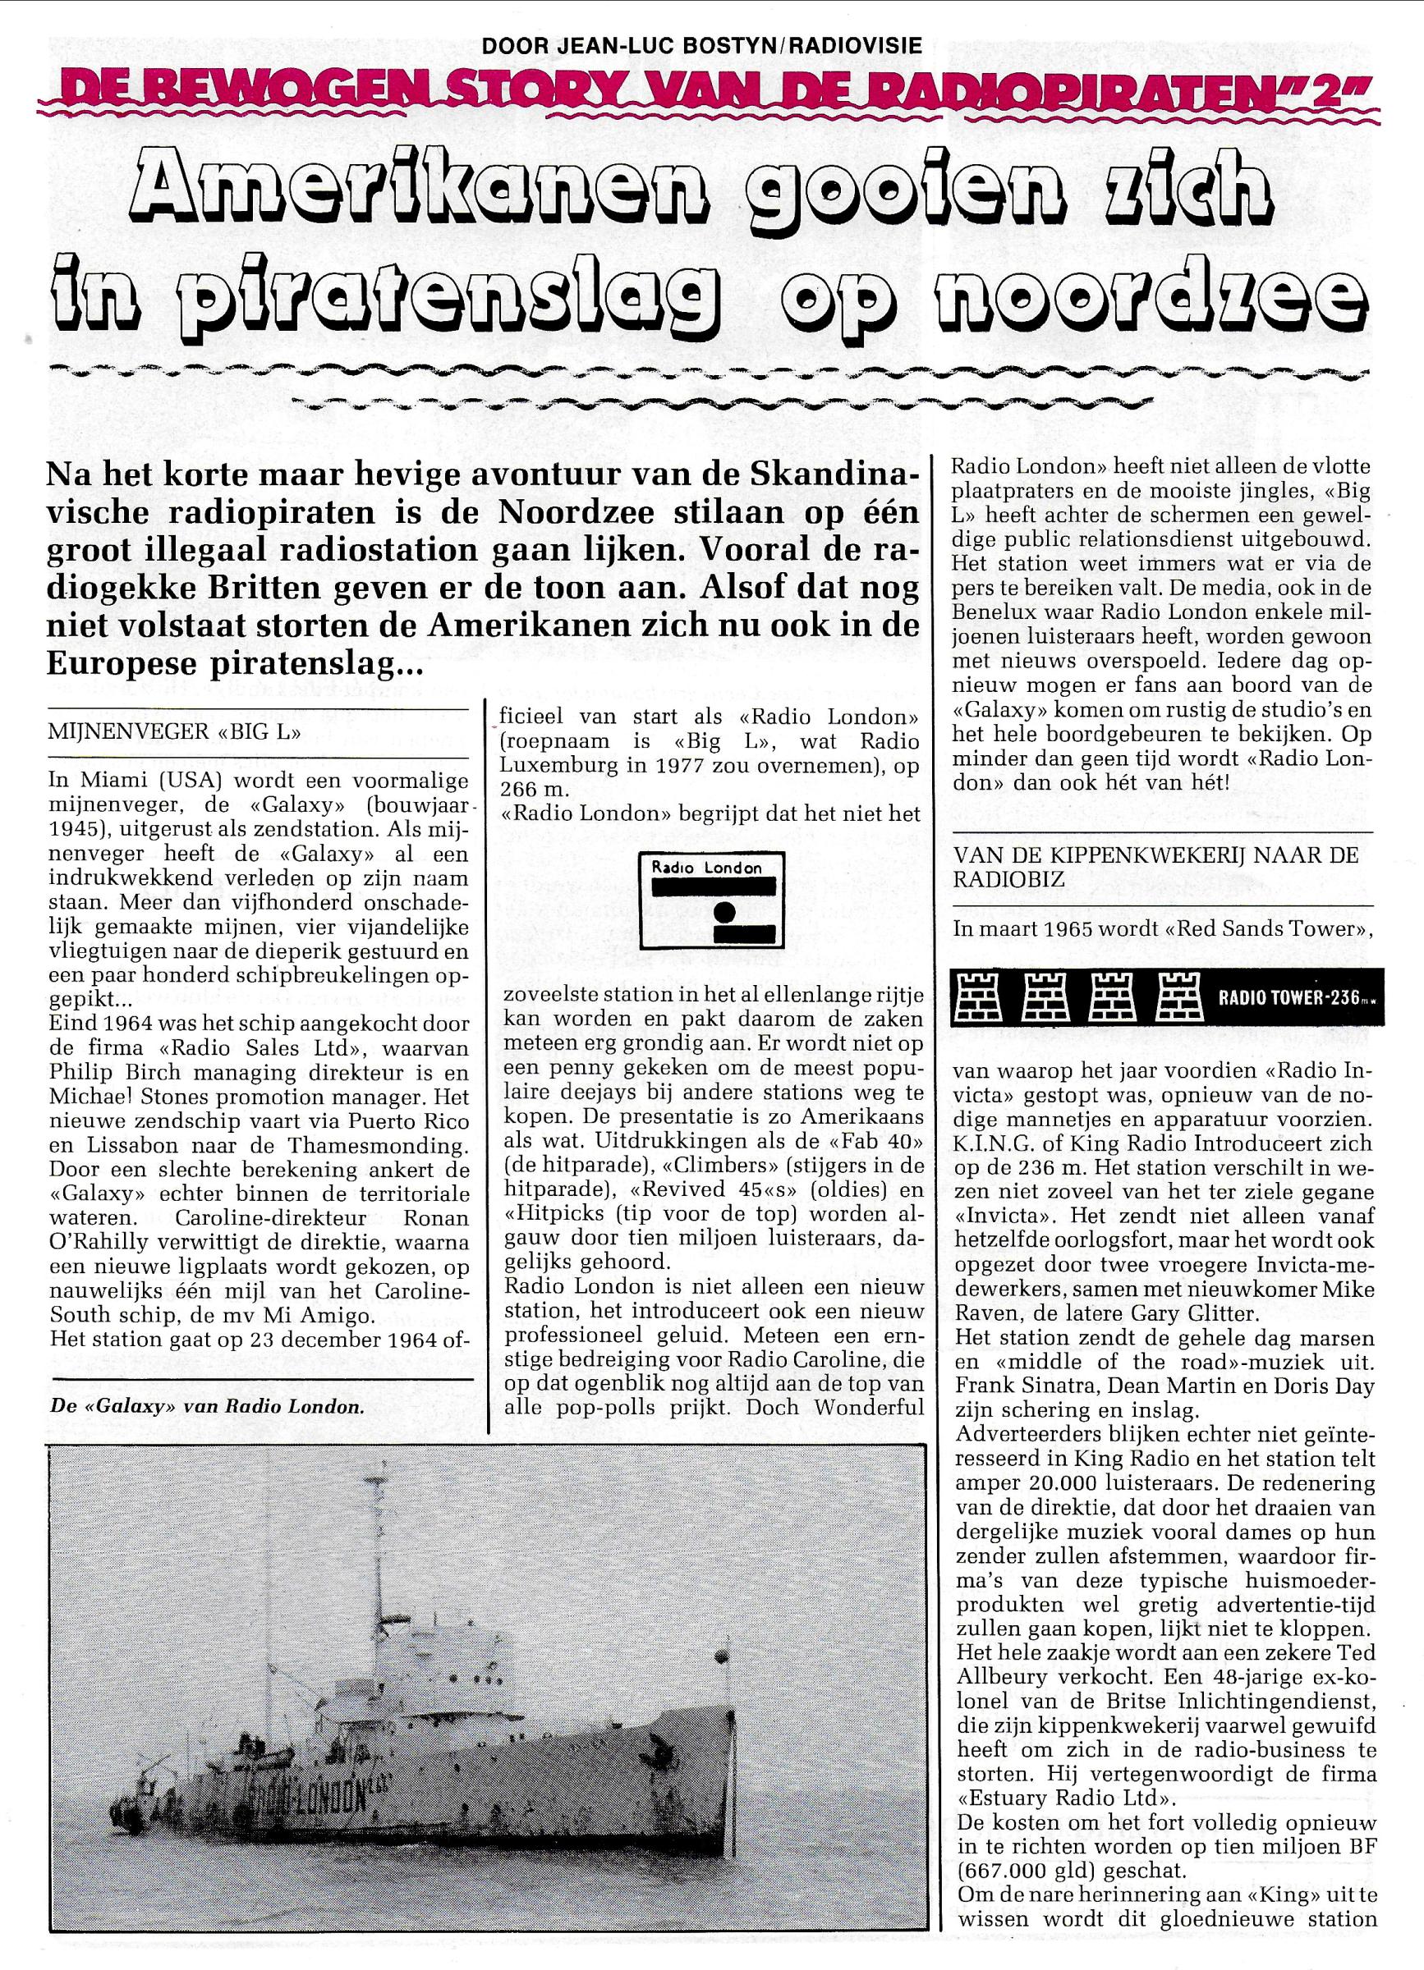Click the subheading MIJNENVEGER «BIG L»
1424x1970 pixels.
pyautogui.click(x=175, y=731)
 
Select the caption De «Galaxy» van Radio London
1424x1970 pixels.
pyautogui.click(x=207, y=1406)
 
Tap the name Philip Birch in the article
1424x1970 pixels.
pyautogui.click(x=107, y=1074)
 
